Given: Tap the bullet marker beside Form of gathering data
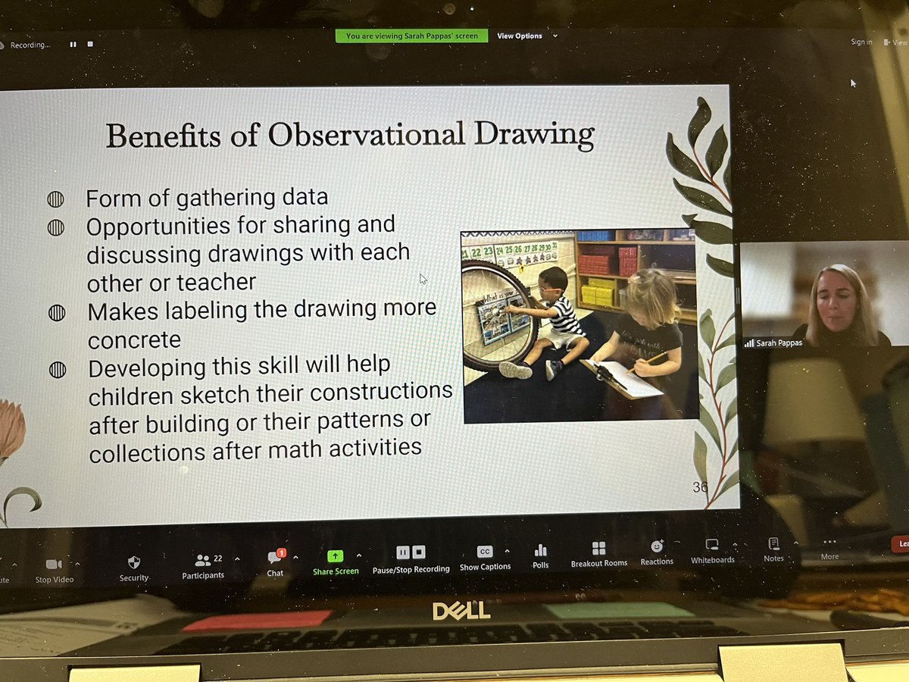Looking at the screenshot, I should (55, 199).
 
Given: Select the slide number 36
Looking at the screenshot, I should (700, 487).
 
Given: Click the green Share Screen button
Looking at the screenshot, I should (336, 556).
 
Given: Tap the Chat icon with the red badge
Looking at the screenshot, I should (275, 557).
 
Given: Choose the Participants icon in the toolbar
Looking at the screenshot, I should (203, 561).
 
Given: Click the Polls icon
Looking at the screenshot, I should (540, 550).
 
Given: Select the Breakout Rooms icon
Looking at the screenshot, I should (598, 548).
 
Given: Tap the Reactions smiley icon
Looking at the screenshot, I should (657, 546).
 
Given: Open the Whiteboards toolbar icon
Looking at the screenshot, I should (712, 545).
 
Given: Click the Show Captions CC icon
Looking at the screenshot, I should (485, 552).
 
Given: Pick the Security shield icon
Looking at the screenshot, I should (134, 562).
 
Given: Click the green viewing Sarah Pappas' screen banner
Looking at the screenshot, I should (411, 36).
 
